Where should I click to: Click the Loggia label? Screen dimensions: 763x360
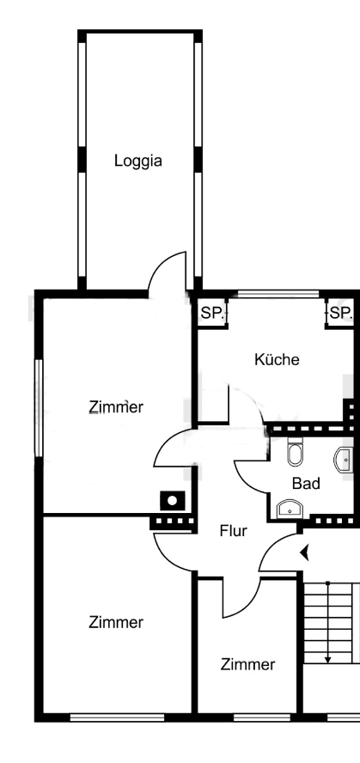138,160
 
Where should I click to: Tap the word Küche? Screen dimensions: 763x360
277,359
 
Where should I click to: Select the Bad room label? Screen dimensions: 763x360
305,484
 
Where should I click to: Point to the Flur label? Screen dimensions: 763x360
232,531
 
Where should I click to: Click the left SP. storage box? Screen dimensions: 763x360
211,314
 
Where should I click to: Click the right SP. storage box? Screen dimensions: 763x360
341,314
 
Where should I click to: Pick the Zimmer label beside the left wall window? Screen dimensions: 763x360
116,406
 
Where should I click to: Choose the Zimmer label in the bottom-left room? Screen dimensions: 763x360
116,623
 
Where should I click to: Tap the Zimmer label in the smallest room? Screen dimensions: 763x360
247,664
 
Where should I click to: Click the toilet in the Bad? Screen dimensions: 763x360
295,453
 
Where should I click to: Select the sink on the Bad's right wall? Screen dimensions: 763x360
345,460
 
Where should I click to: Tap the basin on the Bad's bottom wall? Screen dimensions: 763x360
290,509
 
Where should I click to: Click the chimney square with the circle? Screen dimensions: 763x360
174,500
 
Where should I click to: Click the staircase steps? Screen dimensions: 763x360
331,619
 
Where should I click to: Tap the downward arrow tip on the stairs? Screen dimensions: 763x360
327,659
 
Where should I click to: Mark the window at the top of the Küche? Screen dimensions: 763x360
276,295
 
